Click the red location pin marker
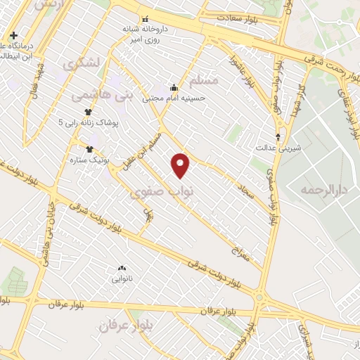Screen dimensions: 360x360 point(181,165)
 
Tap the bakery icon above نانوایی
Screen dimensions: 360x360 point(122,268)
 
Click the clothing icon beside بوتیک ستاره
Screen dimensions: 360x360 point(89,149)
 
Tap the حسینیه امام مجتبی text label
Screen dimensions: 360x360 point(174,98)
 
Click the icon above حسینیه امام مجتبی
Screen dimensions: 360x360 point(174,88)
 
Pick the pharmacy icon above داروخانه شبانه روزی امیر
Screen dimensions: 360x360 point(145,19)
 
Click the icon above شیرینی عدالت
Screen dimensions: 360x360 point(279,137)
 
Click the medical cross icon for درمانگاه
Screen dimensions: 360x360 point(13,35)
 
